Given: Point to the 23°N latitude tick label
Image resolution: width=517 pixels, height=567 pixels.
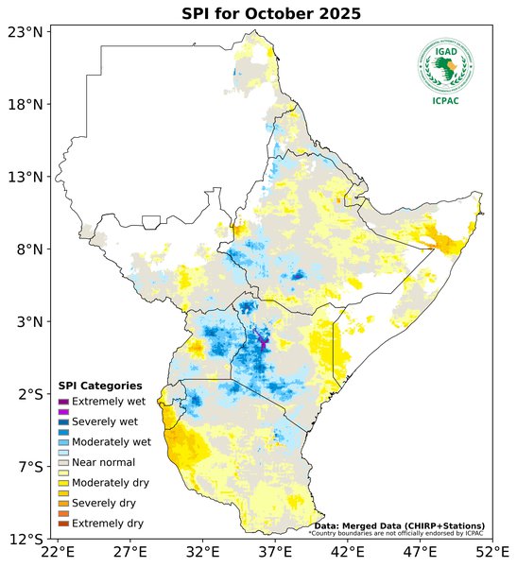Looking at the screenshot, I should pos(25,32).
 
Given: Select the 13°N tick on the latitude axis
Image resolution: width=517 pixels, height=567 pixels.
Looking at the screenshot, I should pos(25,177).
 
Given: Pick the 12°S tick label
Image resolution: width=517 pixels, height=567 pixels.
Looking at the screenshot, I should pos(25,540).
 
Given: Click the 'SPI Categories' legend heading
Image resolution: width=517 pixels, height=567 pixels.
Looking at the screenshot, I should pos(100,386).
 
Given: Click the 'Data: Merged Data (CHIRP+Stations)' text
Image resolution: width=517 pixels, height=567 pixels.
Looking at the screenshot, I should pos(399,525).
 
